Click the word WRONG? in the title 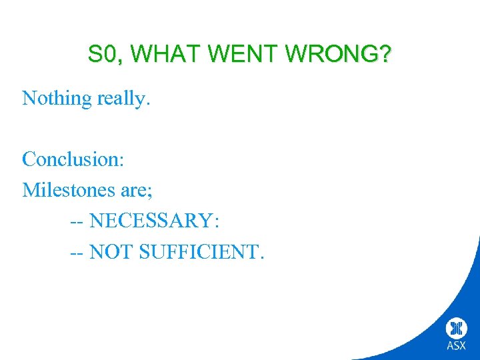(337, 55)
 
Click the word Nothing (57, 99)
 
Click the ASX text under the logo (457, 346)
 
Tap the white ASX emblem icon (457, 328)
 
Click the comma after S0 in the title (119, 61)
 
